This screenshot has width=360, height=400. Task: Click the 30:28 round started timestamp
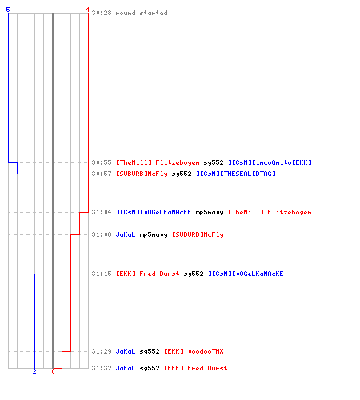coord(102,13)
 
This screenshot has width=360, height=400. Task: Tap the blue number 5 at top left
coord(8,10)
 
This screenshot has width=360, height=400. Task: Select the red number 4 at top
coord(88,10)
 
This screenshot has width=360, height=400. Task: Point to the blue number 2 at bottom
coord(34,371)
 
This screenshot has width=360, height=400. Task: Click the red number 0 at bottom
coord(53,371)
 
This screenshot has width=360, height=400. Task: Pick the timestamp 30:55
coord(102,162)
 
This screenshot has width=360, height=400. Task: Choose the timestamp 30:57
coord(102,174)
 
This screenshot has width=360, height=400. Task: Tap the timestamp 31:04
coord(102,212)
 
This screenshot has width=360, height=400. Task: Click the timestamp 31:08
coord(102,234)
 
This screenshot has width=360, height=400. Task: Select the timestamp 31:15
coord(102,274)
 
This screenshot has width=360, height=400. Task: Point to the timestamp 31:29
coord(102,351)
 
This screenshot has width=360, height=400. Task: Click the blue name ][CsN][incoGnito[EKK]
coord(270,162)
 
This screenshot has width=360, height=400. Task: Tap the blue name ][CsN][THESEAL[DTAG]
coord(236,174)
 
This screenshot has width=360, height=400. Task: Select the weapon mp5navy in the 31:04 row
coord(210,212)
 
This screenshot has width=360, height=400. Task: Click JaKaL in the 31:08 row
coord(126,234)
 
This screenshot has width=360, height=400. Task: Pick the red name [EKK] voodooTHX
coord(194,351)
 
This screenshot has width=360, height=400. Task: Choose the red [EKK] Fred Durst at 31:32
coord(196,368)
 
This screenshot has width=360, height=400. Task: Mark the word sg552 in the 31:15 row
coord(194,274)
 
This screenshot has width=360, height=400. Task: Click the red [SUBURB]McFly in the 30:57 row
coord(142,174)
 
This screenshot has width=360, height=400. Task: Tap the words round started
coord(142,13)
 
